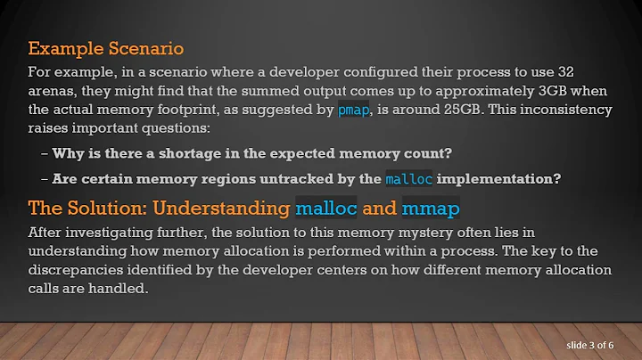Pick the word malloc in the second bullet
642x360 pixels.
click(408, 179)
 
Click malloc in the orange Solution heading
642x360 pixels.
click(325, 210)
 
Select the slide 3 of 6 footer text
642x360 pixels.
click(597, 343)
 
